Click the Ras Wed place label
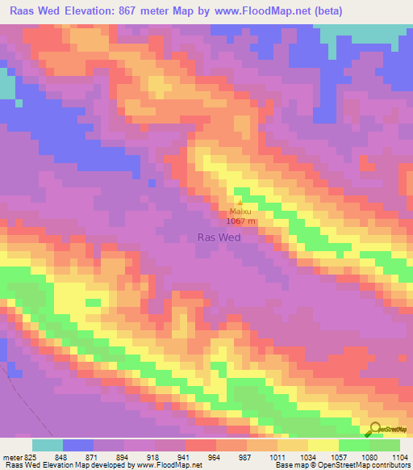coord(219,237)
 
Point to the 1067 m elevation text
coord(241,221)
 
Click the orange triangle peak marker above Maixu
coord(239,203)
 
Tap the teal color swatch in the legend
coord(48,445)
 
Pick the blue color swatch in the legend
coord(78,445)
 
